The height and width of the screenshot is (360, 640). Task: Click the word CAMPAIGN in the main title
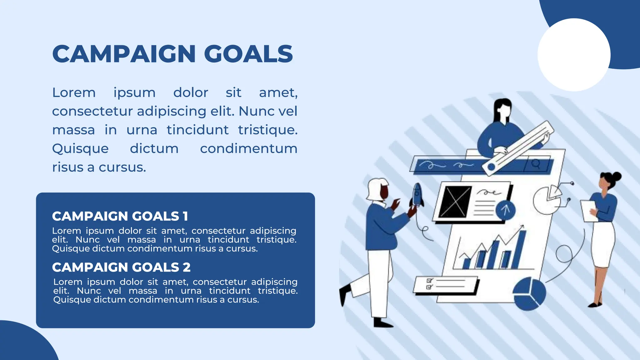coord(124,54)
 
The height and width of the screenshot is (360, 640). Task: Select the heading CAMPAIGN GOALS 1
coord(120,216)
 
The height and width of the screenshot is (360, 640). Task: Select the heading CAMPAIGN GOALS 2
coord(121,267)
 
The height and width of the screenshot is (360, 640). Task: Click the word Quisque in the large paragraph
coord(80,149)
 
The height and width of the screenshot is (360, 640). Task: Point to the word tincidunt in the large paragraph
coord(197,130)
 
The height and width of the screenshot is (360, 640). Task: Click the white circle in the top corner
coord(574,55)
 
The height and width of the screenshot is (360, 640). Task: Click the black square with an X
coord(455,202)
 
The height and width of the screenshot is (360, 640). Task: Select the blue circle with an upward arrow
coord(505,210)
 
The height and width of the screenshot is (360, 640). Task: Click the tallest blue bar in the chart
coord(519,250)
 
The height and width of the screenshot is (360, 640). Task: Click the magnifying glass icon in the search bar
coord(536,164)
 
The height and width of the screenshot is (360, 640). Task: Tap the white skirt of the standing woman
coord(603,244)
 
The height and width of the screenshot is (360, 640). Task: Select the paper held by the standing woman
coord(588,211)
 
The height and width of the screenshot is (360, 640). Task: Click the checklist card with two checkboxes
coord(445,284)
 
